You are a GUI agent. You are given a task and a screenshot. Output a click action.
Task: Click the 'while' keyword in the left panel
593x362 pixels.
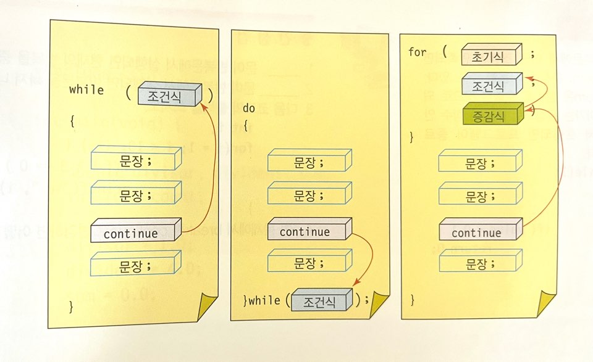coord(86,90)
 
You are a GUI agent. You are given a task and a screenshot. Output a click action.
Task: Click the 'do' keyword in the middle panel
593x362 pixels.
coord(248,109)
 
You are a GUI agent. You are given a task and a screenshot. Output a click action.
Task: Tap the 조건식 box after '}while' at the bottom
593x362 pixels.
coord(322,302)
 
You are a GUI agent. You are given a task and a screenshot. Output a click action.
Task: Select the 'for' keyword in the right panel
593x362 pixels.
coord(418,52)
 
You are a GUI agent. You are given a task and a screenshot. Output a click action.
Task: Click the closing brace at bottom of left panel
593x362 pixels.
coord(71,306)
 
